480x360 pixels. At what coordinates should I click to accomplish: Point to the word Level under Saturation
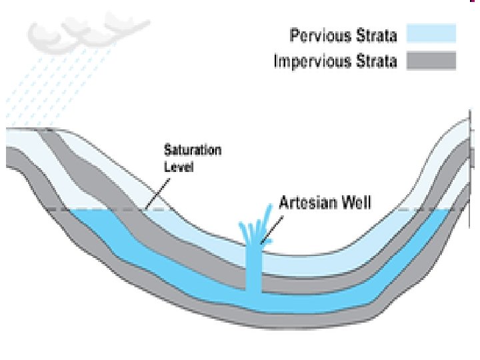click(178, 167)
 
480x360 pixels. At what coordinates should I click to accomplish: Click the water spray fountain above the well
click(257, 227)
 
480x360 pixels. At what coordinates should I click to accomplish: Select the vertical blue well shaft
click(253, 273)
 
